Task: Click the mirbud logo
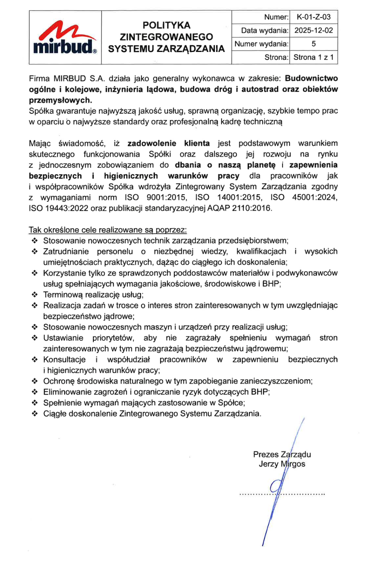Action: coord(65,38)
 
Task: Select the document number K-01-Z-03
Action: coord(313,17)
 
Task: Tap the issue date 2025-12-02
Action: coord(313,30)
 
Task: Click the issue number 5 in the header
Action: coord(313,44)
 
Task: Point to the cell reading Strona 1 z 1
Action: coord(313,57)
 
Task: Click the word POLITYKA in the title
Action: coord(166,25)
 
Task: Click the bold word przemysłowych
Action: coord(60,100)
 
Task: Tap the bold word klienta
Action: coord(197,143)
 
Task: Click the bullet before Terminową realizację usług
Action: coord(35,295)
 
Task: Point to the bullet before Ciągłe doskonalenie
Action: coord(35,413)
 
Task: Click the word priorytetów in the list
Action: coord(113,338)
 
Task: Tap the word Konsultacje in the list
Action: coord(64,360)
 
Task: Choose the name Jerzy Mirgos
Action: coord(282,464)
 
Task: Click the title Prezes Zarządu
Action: coord(282,454)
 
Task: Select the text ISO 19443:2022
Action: coord(59,208)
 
